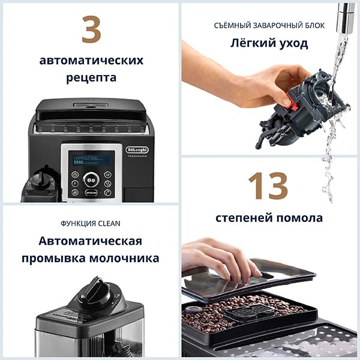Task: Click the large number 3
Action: (x=91, y=31)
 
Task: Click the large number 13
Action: (x=268, y=186)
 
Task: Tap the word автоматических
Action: (x=91, y=61)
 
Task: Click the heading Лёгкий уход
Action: (x=269, y=43)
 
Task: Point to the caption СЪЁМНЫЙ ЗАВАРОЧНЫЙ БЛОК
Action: (x=269, y=25)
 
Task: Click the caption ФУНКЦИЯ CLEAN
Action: (x=91, y=223)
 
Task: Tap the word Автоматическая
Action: (x=91, y=241)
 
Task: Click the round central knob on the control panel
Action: (x=91, y=179)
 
